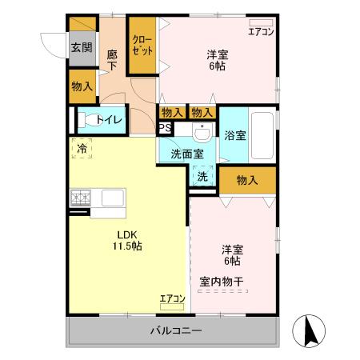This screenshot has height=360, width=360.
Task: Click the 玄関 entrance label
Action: tap(81, 47)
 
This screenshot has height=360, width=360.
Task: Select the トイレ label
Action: tap(109, 120)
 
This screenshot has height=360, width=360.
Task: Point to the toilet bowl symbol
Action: tap(86, 121)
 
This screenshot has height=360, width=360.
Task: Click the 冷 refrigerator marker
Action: tap(82, 146)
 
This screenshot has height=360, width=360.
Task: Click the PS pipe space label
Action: tap(165, 128)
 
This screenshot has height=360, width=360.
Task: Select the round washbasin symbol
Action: tap(202, 132)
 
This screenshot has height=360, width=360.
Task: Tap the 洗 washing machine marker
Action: tap(202, 176)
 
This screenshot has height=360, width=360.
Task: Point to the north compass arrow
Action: tap(311, 330)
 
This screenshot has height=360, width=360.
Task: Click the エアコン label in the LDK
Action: tap(173, 298)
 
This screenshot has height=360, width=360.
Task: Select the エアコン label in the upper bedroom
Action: tap(261, 32)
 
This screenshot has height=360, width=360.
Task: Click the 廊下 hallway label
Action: tap(113, 58)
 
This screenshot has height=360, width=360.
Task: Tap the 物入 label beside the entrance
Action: tap(81, 86)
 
